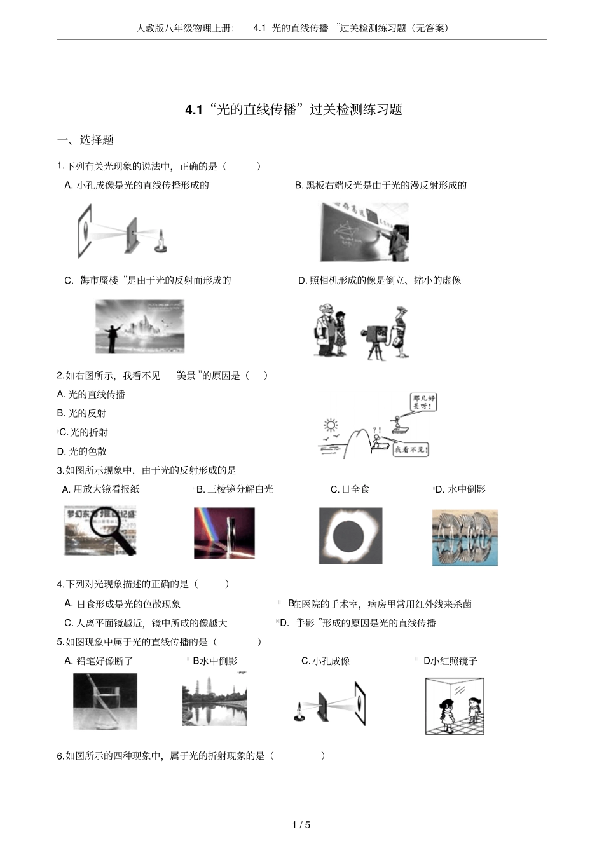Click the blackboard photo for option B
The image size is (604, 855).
coord(364,232)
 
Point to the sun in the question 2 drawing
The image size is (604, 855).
coord(331,425)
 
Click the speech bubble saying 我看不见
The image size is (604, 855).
coord(411,449)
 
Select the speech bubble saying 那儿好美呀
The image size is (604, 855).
coord(423,402)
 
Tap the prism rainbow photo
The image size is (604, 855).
coord(224,533)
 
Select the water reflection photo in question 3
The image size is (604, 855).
coord(465,537)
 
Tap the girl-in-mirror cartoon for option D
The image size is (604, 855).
coord(455,706)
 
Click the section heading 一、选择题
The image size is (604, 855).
coord(85,140)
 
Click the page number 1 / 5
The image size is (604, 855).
coord(301,825)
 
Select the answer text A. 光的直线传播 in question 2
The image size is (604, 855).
coord(91,394)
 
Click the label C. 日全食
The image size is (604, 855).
coord(350,489)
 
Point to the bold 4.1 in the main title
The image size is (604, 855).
coord(193,110)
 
